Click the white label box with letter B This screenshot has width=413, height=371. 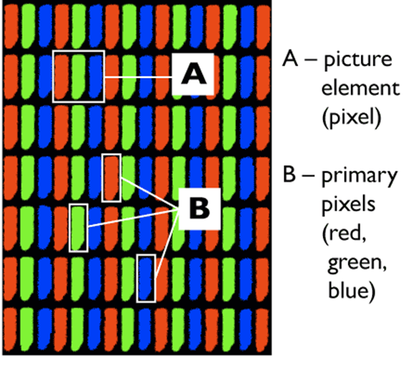pos(200,209)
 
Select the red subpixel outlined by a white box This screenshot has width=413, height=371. pos(111,177)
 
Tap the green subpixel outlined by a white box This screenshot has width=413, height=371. pos(78,227)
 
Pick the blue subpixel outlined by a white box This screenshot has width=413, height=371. pos(146,278)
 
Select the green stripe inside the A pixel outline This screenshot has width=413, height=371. pos(78,76)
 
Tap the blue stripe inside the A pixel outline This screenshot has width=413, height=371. pos(95,76)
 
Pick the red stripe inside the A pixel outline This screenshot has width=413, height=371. pos(62,76)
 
